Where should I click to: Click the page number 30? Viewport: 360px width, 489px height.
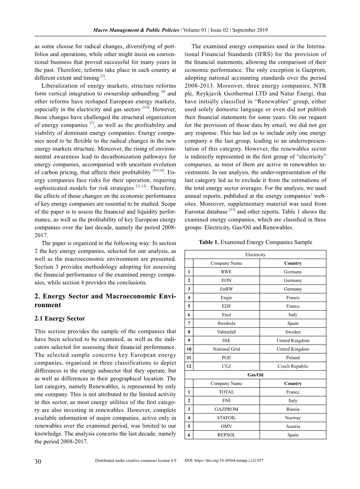pyautogui.click(x=38, y=462)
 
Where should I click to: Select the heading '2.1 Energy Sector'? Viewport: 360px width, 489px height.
pyautogui.click(x=60, y=318)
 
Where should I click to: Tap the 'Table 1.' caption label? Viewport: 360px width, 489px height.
pyautogui.click(x=209, y=242)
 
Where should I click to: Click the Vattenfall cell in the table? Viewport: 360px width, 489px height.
pyautogui.click(x=226, y=332)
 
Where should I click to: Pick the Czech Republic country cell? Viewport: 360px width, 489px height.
pyautogui.click(x=293, y=366)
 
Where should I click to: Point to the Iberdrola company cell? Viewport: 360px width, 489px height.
pyautogui.click(x=226, y=324)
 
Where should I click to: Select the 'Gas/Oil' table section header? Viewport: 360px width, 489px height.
pyautogui.click(x=255, y=375)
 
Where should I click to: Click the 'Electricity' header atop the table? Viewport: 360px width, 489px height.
pyautogui.click(x=255, y=255)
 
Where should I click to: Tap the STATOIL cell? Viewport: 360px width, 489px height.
pyautogui.click(x=226, y=418)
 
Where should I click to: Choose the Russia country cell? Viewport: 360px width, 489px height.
pyautogui.click(x=293, y=409)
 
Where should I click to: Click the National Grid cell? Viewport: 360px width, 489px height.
pyautogui.click(x=226, y=349)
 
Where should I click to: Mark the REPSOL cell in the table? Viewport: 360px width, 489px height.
pyautogui.click(x=226, y=435)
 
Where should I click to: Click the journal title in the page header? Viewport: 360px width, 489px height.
pyautogui.click(x=136, y=30)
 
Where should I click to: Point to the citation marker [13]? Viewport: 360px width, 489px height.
pyautogui.click(x=232, y=210)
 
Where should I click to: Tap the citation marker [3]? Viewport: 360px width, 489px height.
pyautogui.click(x=103, y=76)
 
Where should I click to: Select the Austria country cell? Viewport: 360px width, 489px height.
pyautogui.click(x=293, y=426)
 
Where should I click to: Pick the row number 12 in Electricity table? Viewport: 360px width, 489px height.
pyautogui.click(x=188, y=366)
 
